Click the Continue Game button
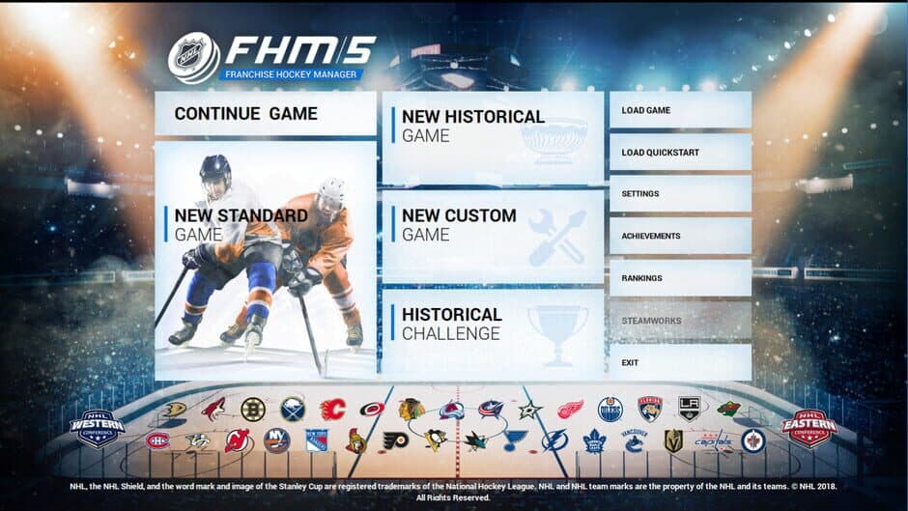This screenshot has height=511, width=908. click(x=265, y=114)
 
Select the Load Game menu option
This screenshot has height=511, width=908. click(x=680, y=110)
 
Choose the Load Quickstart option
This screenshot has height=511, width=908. click(x=680, y=153)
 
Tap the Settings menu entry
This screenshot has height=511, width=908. click(x=680, y=194)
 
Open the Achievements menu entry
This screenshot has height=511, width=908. click(x=680, y=236)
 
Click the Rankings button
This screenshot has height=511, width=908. click(x=680, y=278)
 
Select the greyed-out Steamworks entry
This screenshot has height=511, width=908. click(x=680, y=320)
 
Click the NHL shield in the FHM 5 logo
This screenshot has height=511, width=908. click(x=193, y=57)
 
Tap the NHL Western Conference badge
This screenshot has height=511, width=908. click(x=98, y=428)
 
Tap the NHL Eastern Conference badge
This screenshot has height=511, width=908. click(x=809, y=428)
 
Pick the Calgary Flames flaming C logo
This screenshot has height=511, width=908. click(x=332, y=409)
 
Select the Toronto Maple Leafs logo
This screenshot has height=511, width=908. click(x=594, y=440)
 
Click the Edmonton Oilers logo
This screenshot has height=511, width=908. click(x=610, y=409)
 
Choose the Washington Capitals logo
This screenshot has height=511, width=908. click(x=714, y=440)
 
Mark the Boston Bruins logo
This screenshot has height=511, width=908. click(x=253, y=409)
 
